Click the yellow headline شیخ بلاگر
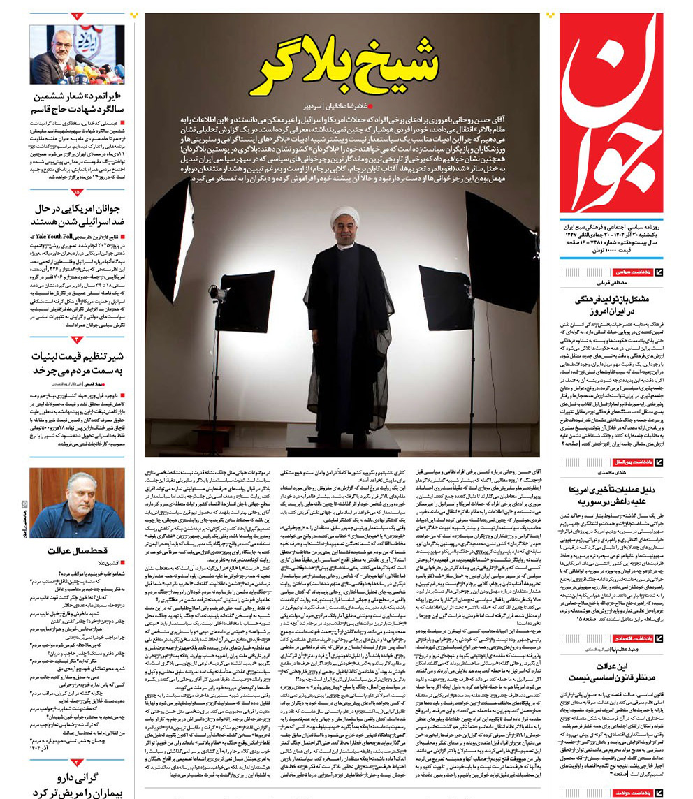point(349,66)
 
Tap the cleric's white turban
point(344,214)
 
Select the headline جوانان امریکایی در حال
point(77,214)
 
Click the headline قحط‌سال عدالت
point(77,551)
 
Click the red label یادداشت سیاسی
point(633,272)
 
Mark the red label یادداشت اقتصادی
point(632,638)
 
